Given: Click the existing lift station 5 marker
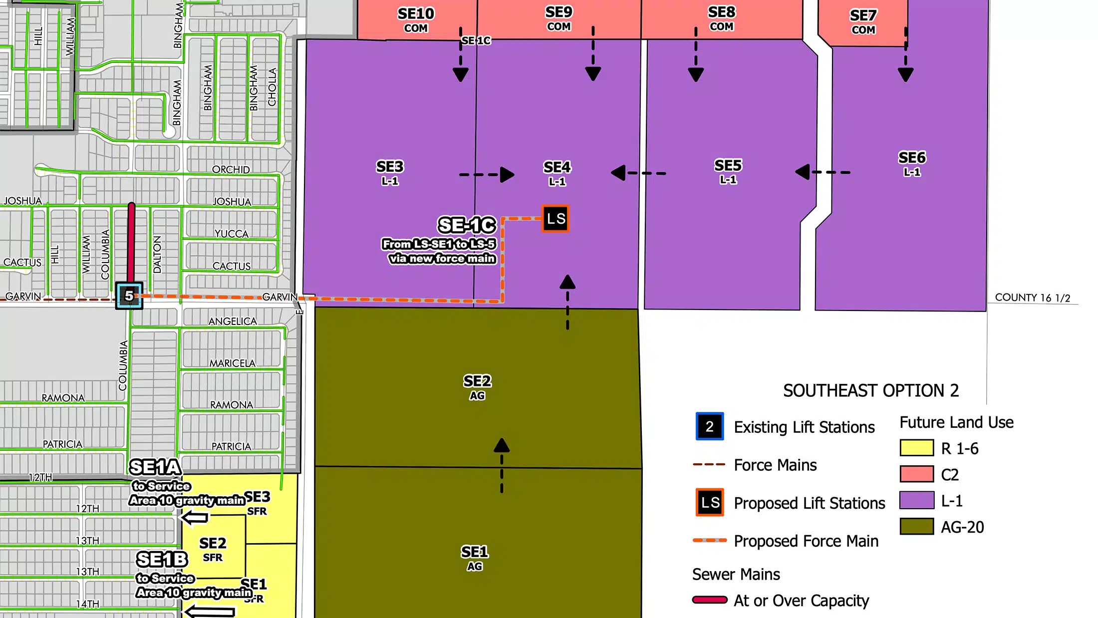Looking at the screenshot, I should click(129, 296).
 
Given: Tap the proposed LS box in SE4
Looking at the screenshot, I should click(555, 219).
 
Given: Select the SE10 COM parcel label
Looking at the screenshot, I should click(416, 19).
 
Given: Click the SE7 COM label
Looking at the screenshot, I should click(863, 21).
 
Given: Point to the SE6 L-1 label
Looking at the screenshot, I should click(912, 163).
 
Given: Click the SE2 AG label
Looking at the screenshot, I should click(477, 387).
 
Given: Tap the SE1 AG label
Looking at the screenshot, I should click(475, 558).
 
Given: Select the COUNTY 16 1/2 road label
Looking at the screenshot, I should click(1032, 298).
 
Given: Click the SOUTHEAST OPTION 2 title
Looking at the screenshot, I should click(871, 390).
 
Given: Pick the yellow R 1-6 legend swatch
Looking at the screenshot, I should click(916, 448).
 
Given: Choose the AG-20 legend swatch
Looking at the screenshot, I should click(916, 526).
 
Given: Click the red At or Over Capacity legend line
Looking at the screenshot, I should click(709, 600).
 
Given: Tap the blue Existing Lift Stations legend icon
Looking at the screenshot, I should click(709, 426).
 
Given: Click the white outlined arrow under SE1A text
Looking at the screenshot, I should click(195, 518).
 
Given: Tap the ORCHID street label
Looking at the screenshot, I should click(231, 170).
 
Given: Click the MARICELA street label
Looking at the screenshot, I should click(232, 363).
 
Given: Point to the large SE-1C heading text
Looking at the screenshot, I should click(467, 225).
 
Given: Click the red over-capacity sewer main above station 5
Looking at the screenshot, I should click(131, 242).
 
